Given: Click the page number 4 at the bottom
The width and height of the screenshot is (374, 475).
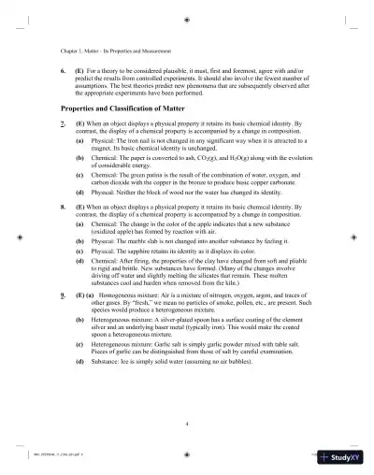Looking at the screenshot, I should pyautogui.click(x=187, y=424).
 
